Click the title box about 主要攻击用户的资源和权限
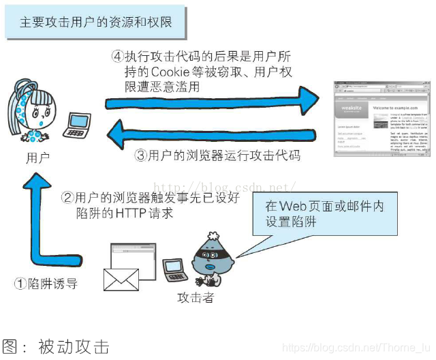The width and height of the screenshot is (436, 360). (95, 22)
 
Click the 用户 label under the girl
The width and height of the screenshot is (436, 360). (37, 158)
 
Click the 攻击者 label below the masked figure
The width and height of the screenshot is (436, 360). (196, 298)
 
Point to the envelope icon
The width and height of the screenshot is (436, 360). (121, 279)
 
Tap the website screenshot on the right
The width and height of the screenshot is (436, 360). (381, 119)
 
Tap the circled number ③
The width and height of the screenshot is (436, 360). (141, 155)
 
